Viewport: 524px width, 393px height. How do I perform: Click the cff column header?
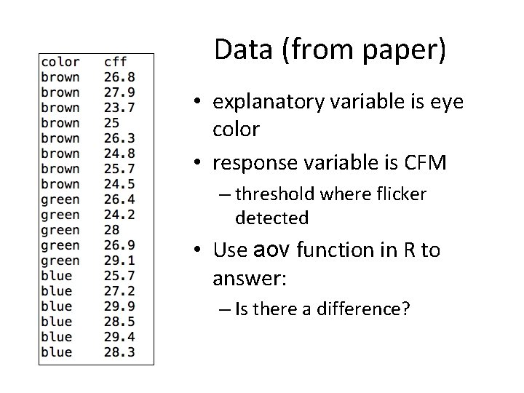pos(116,62)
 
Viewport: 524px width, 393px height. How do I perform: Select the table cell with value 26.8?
pos(119,77)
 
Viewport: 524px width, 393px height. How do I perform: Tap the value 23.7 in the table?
pos(119,108)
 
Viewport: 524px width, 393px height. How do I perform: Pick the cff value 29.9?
pos(119,306)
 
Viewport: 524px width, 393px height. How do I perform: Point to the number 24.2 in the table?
pos(119,215)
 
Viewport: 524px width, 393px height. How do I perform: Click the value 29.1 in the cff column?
pos(119,261)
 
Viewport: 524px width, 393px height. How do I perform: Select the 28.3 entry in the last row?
pos(119,352)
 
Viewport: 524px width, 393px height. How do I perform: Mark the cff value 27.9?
pos(119,92)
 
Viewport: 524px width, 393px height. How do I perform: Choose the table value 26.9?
pos(119,245)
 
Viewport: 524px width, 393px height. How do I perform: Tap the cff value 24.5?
pos(119,184)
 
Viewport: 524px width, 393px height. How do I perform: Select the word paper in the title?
pos(406,51)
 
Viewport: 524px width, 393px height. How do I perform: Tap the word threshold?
pos(273,194)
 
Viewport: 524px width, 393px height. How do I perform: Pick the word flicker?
pos(400,194)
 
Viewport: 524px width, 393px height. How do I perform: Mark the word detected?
pos(271,217)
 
